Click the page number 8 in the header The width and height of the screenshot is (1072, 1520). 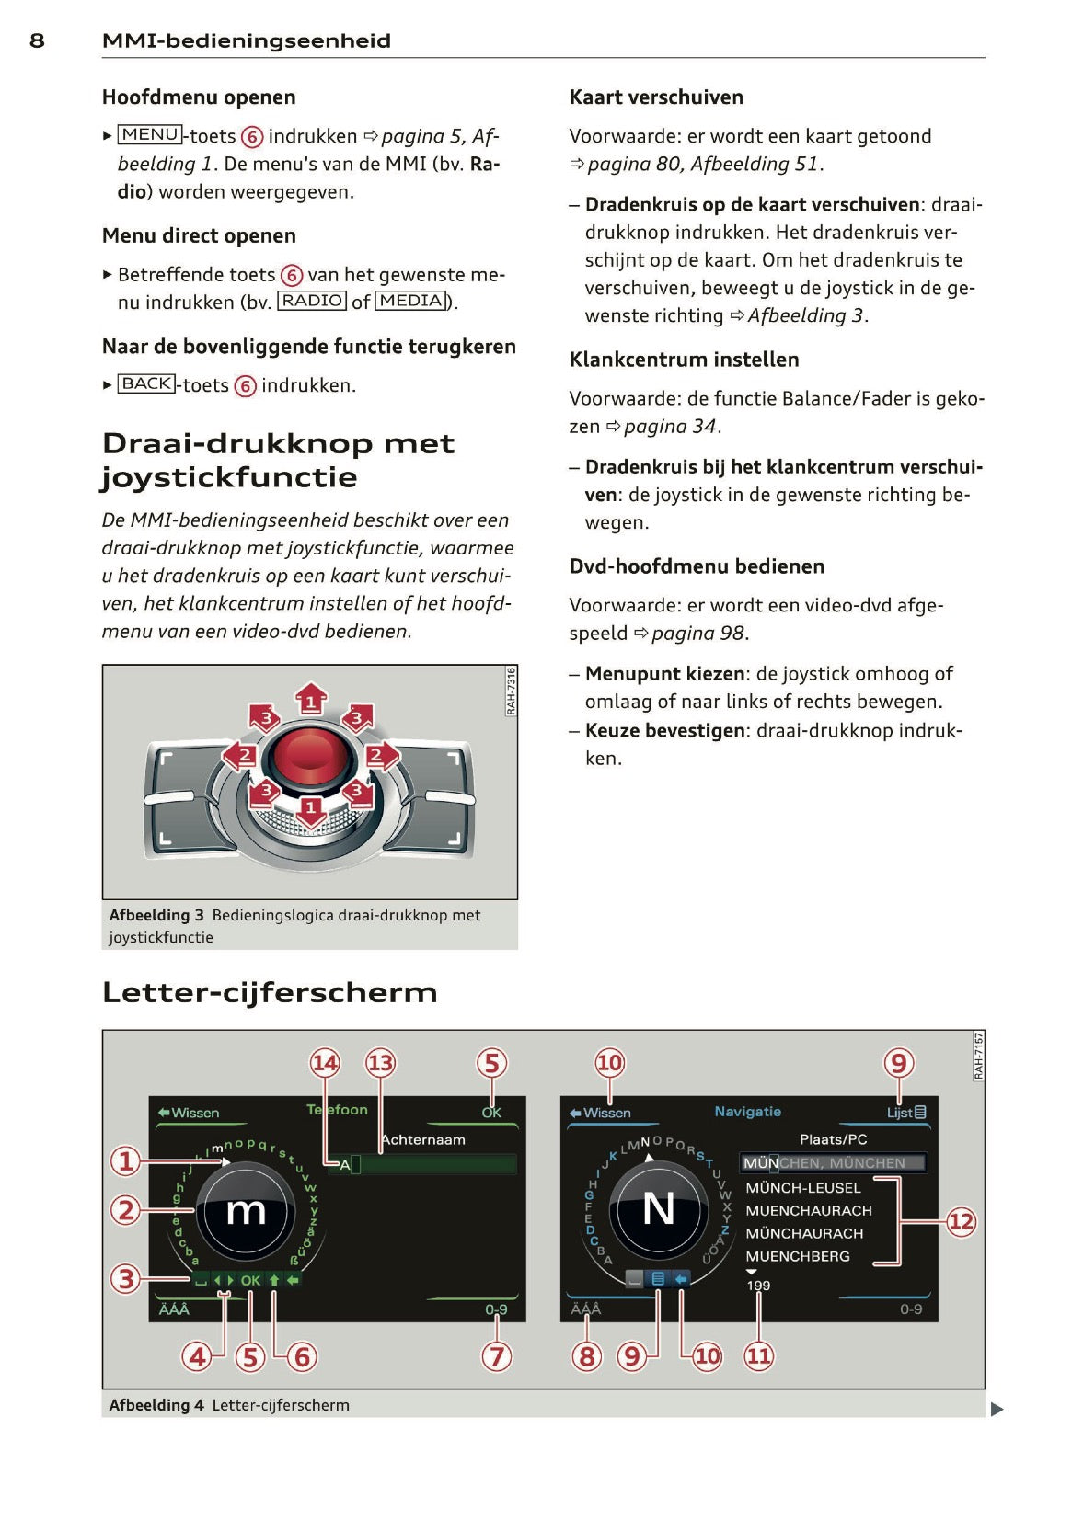click(x=37, y=40)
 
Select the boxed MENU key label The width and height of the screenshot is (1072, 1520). click(x=150, y=135)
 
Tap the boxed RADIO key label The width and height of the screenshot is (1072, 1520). click(x=312, y=301)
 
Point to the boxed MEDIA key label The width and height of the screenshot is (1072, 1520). click(x=411, y=301)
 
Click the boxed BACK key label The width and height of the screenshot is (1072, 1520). click(x=146, y=383)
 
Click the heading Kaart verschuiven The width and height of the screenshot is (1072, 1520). click(x=656, y=97)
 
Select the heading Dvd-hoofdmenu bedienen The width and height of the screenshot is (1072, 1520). click(x=697, y=566)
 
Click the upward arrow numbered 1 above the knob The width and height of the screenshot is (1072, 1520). click(x=311, y=701)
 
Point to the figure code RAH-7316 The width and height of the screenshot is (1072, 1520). click(x=511, y=691)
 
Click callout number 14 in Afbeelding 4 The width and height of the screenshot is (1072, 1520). click(x=325, y=1064)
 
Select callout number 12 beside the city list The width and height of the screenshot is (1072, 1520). click(x=961, y=1221)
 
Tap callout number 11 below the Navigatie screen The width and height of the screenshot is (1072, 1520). click(x=758, y=1355)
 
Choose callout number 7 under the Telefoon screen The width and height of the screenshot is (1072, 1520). click(x=497, y=1355)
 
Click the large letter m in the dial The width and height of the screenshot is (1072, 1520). click(x=246, y=1211)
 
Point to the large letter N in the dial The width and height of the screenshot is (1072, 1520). click(x=658, y=1208)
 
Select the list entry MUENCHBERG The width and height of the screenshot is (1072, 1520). click(x=797, y=1256)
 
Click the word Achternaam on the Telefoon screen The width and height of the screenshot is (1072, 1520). click(x=423, y=1140)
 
